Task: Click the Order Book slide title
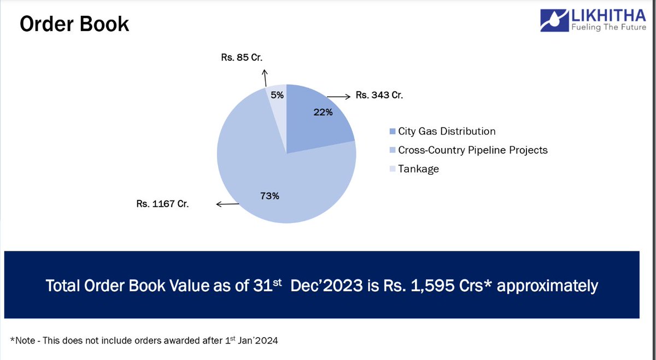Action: point(74,23)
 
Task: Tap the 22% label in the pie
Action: point(323,113)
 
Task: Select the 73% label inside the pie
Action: point(269,196)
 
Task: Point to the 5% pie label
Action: point(277,95)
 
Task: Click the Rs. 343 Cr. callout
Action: point(379,95)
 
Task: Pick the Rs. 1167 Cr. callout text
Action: point(162,205)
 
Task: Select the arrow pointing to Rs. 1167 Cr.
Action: point(227,205)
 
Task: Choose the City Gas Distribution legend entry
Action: point(446,132)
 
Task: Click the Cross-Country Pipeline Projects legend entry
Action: point(472,150)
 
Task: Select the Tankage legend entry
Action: point(418,169)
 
